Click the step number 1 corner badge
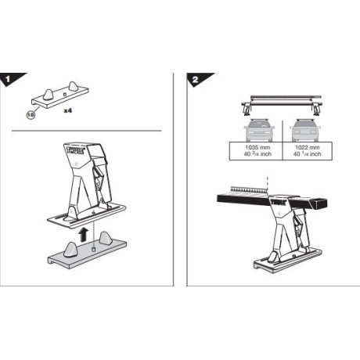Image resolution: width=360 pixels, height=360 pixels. tap(9, 80)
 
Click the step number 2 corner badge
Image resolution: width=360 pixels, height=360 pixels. tap(193, 80)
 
